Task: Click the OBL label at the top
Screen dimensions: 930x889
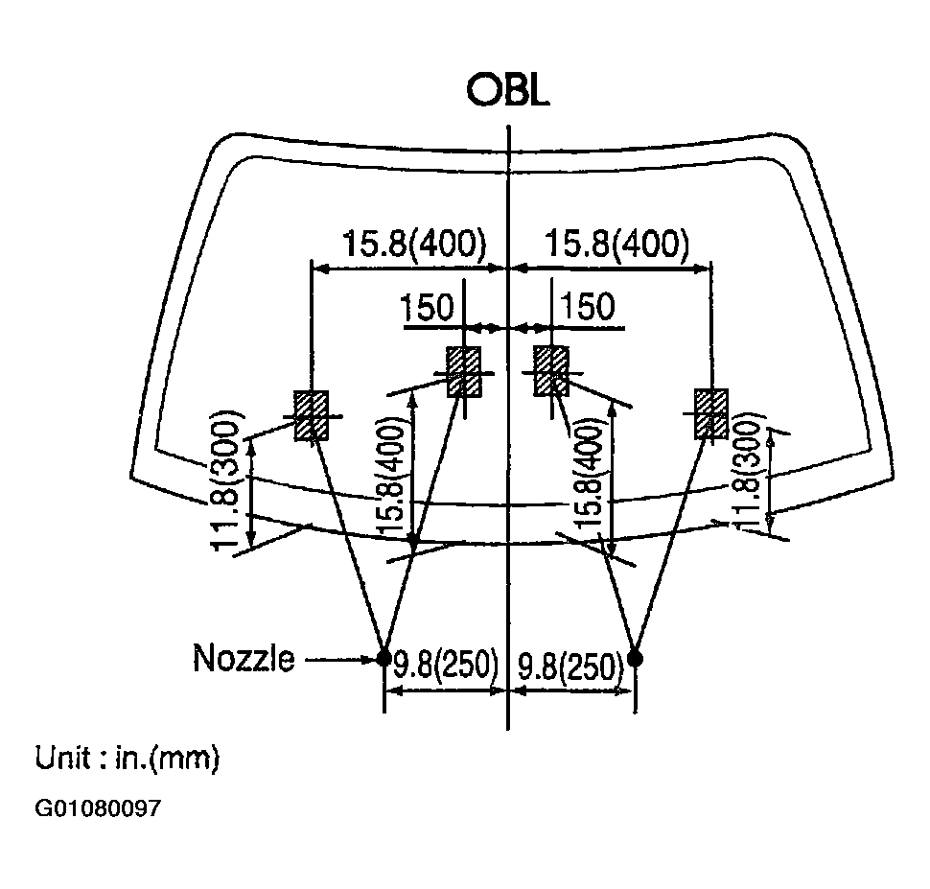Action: point(508,90)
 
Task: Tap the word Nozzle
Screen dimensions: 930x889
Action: point(244,658)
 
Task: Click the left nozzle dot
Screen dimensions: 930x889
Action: point(384,658)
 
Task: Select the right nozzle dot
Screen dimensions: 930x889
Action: point(636,658)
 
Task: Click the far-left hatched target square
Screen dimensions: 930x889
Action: point(312,415)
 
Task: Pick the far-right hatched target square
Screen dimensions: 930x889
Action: point(711,413)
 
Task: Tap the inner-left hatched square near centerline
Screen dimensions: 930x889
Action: point(464,372)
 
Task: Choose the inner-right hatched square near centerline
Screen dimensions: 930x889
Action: point(551,371)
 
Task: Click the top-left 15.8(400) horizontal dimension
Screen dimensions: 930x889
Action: point(414,244)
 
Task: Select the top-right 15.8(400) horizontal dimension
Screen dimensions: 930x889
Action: point(616,244)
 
